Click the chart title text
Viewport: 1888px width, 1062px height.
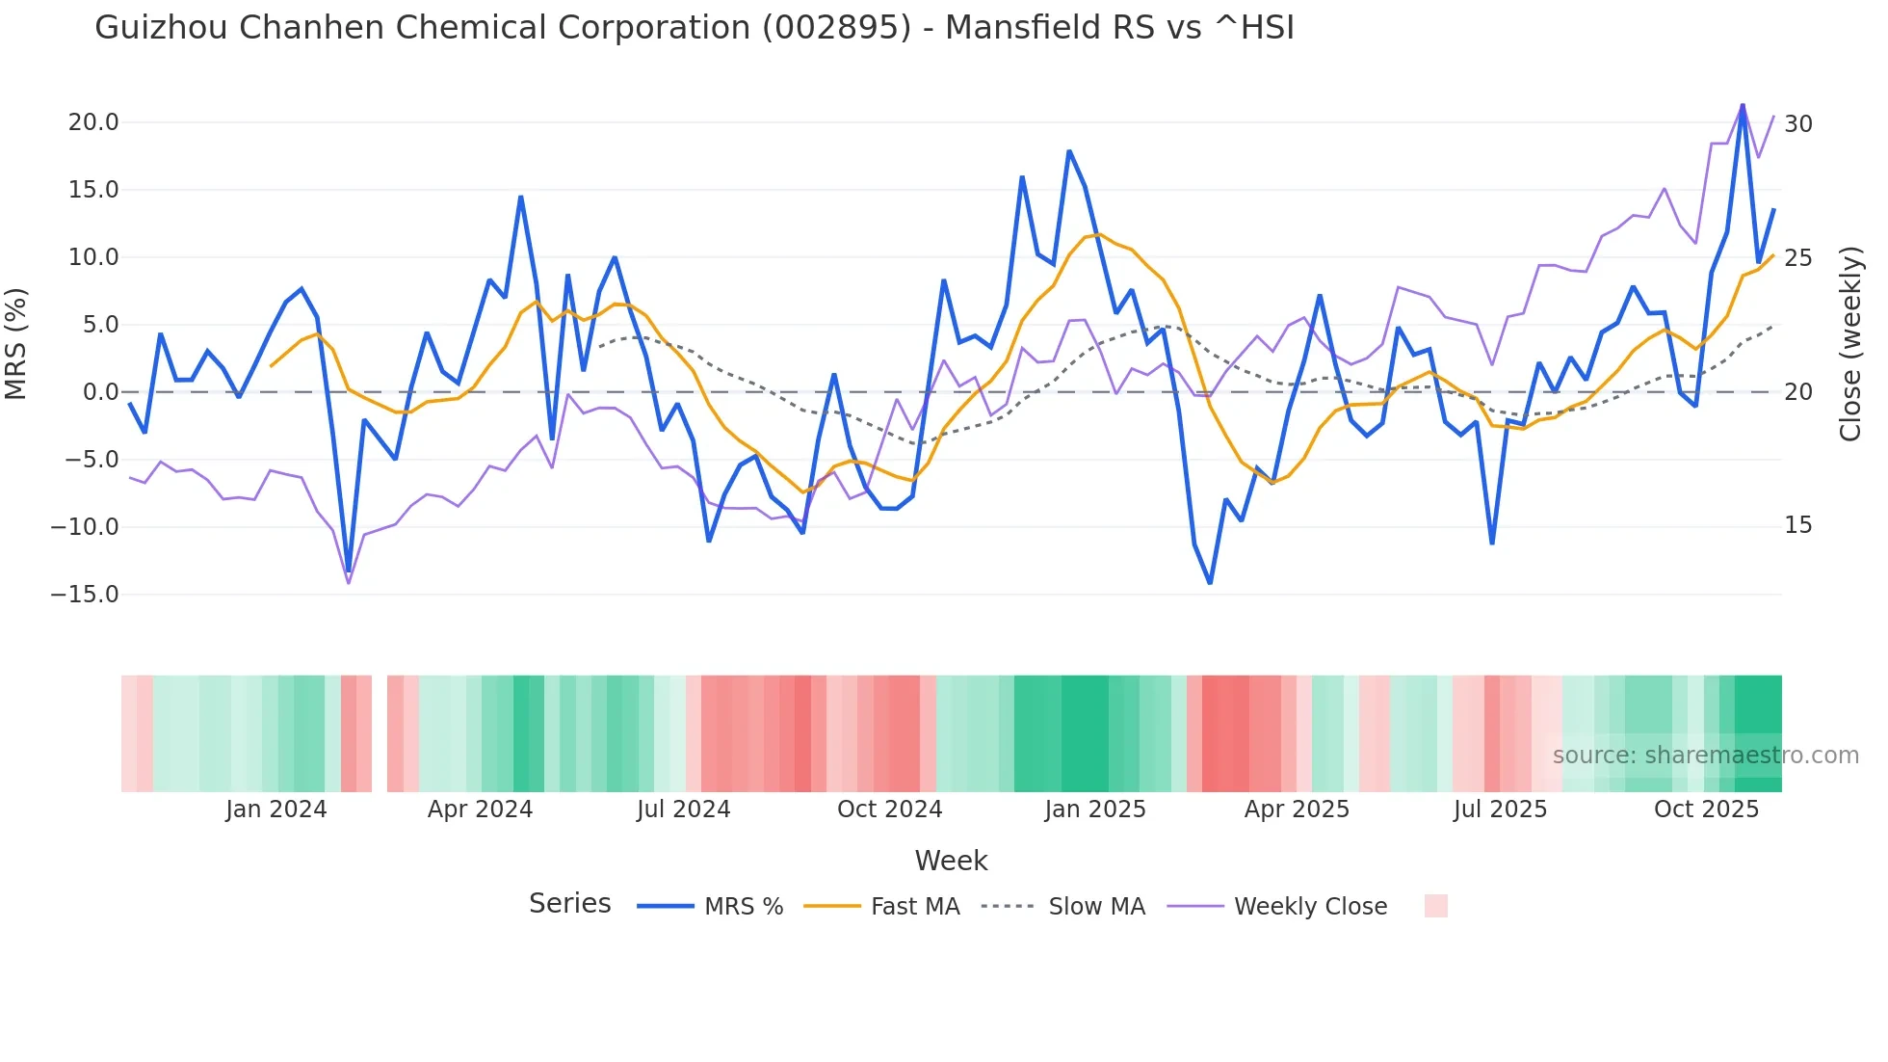coord(694,28)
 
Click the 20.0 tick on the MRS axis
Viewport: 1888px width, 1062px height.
coord(93,122)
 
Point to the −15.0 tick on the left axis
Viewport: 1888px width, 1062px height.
coord(85,595)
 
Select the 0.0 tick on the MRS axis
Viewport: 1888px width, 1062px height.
coord(100,392)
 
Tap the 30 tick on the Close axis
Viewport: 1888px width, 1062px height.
coord(1798,124)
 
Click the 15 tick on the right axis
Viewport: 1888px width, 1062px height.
coord(1797,525)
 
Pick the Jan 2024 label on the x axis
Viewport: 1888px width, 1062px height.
coord(276,810)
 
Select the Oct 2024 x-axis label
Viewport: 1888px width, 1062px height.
coord(889,810)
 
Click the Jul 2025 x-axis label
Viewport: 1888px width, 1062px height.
coord(1500,810)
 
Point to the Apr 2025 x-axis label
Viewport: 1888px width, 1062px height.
coord(1297,810)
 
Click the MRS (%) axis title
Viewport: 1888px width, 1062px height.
coord(16,344)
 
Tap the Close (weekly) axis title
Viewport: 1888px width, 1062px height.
coord(1850,344)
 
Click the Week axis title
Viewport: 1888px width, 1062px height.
coord(951,861)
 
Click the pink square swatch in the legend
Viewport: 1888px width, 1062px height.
coord(1435,906)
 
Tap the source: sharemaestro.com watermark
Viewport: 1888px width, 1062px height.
coord(1705,756)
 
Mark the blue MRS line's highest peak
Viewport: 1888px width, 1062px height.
coord(1743,105)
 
